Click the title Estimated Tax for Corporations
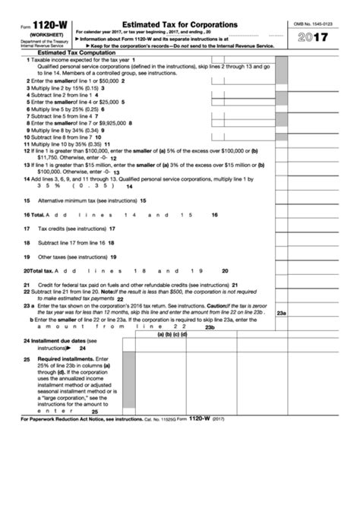point(175,25)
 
